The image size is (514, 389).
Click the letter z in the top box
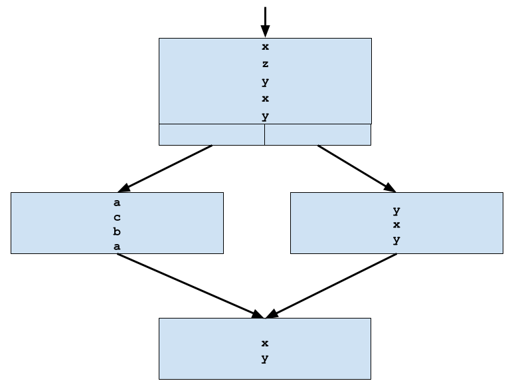click(x=265, y=65)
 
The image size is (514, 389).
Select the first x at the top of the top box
click(x=265, y=47)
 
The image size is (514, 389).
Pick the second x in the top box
click(x=265, y=99)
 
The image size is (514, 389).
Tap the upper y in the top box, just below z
click(x=265, y=82)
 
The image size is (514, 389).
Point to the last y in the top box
click(x=265, y=116)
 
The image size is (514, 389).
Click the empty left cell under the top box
click(x=211, y=134)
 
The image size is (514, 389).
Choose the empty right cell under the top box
click(x=317, y=134)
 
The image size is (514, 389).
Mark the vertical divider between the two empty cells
click(x=264, y=134)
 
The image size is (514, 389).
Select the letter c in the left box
click(x=117, y=217)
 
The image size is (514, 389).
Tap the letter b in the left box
click(x=117, y=232)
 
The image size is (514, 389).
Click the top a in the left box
click(x=117, y=203)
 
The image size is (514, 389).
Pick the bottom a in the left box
click(x=117, y=247)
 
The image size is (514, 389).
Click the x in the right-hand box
click(x=396, y=225)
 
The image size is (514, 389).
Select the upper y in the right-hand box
click(x=396, y=211)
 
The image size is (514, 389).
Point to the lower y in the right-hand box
click(x=396, y=240)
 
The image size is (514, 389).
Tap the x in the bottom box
click(x=265, y=344)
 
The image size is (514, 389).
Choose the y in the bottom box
click(x=265, y=359)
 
